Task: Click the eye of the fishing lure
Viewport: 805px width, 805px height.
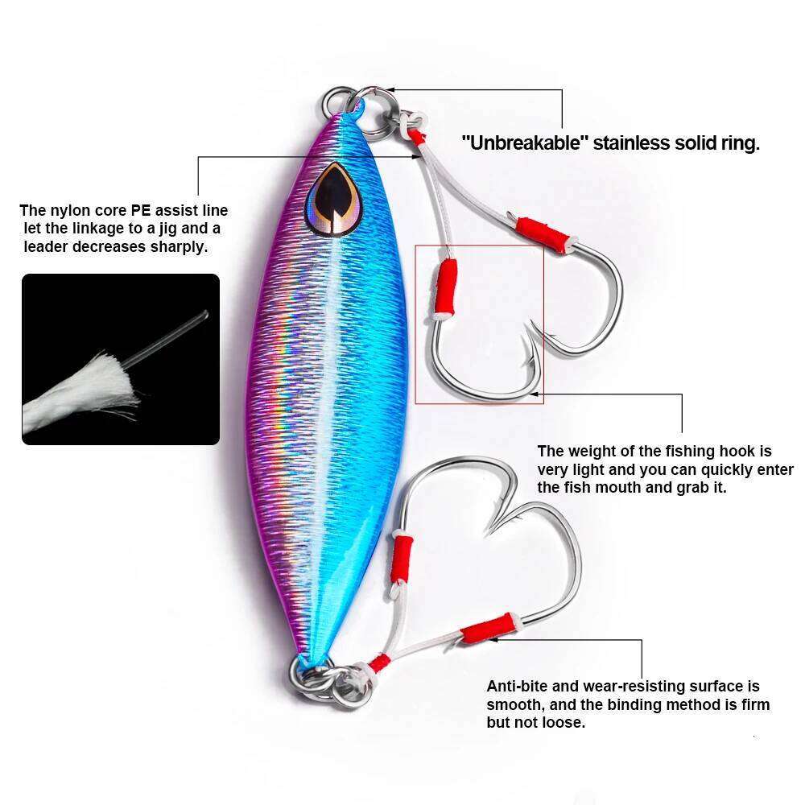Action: pos(333,196)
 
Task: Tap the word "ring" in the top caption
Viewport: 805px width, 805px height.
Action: pos(741,144)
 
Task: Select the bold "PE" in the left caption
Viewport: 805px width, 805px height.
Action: pos(141,211)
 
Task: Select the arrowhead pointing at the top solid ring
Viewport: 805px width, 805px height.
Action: pos(390,90)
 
